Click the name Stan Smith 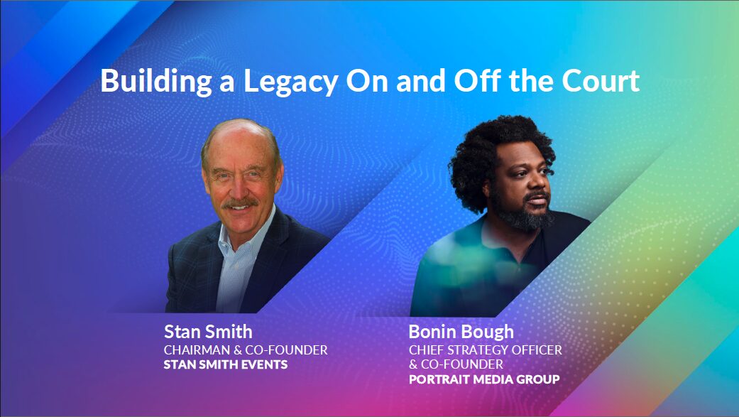coord(208,332)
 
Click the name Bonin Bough coord(461,332)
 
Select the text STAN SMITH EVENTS coord(226,365)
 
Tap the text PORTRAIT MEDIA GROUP coord(484,379)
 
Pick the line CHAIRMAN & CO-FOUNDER coord(246,350)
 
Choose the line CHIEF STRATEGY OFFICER coord(486,350)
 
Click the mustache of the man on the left coord(240,204)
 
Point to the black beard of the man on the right coord(525,215)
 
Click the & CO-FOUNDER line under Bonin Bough coord(456,364)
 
